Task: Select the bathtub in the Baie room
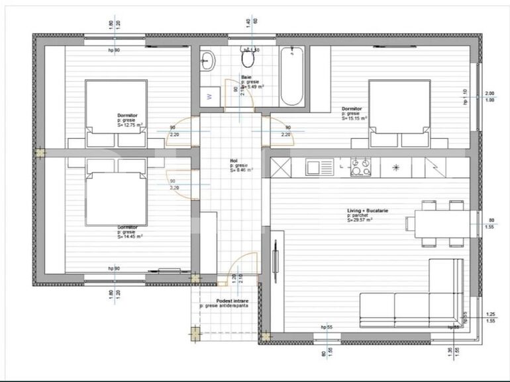292,76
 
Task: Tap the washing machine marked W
211,96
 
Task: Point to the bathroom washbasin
208,61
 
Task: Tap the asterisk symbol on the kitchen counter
396,167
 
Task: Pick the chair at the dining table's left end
411,223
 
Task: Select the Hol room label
234,160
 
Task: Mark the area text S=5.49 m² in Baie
253,87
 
